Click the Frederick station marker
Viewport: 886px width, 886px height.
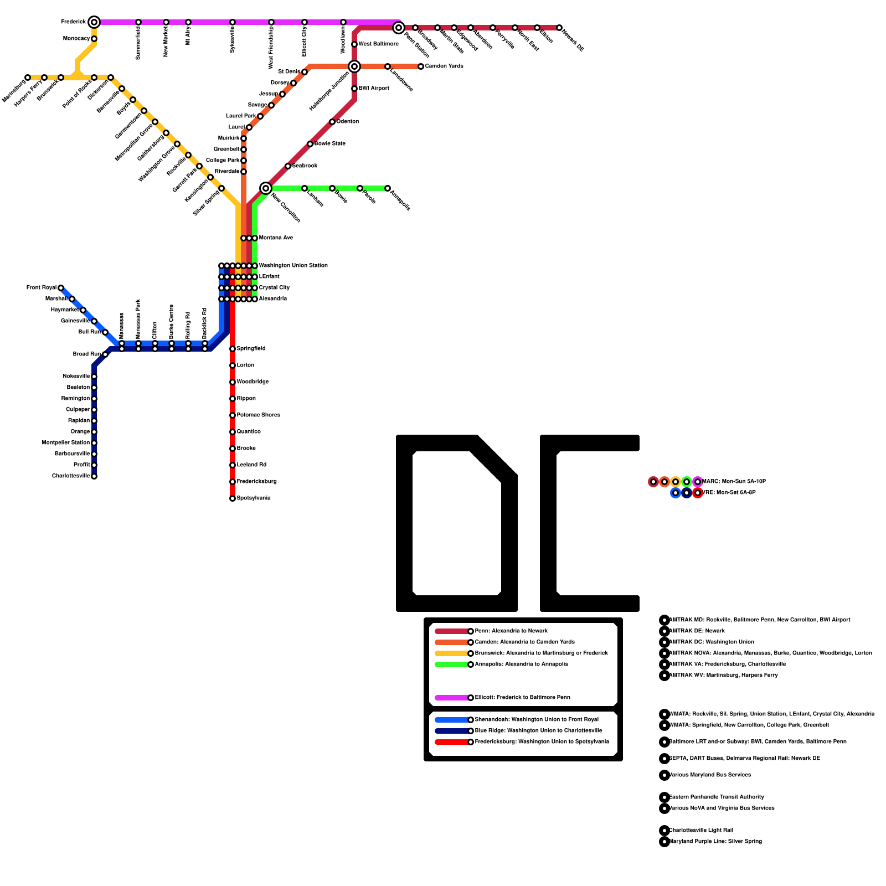coord(94,22)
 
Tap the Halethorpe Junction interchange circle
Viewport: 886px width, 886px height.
coord(354,66)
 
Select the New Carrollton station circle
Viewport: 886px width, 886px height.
coord(266,188)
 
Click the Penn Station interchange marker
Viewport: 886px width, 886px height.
coord(399,28)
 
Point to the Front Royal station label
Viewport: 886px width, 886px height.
coord(42,288)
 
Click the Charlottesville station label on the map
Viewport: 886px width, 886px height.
coord(71,476)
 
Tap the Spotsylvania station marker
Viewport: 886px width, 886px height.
coord(233,498)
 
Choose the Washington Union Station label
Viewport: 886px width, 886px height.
coord(293,266)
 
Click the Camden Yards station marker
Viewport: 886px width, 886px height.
coord(421,66)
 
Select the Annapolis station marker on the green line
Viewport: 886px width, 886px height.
coord(388,188)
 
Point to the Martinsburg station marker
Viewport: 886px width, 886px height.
coord(28,78)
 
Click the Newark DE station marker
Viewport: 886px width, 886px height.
coord(559,28)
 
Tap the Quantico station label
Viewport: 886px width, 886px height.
coord(249,432)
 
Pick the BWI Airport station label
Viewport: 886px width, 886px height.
coord(374,89)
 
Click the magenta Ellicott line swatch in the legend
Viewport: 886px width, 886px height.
coord(452,698)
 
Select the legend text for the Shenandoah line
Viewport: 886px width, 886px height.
coord(537,720)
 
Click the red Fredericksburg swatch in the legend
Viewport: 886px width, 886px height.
coord(452,742)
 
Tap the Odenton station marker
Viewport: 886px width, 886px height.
coord(332,122)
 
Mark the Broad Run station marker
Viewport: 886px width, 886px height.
coord(105,354)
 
